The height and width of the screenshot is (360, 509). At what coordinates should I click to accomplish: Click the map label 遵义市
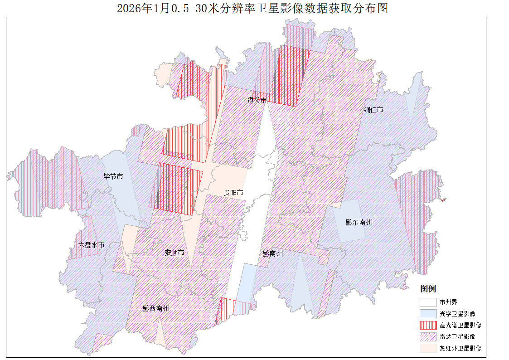[257, 100]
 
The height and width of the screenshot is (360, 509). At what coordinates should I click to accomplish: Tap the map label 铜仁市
[373, 110]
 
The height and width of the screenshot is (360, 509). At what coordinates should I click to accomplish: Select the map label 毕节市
[113, 176]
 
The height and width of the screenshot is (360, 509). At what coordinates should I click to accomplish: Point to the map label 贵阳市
[233, 193]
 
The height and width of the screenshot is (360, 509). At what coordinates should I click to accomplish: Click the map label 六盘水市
[91, 245]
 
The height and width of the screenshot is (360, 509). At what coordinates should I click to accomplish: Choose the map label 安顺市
[174, 253]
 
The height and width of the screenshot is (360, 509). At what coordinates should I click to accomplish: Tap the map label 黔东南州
[359, 222]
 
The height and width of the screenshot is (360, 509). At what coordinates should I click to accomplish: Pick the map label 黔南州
[273, 253]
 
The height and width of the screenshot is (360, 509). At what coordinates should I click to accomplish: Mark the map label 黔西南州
[156, 308]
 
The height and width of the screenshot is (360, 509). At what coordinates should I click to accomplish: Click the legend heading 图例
[428, 289]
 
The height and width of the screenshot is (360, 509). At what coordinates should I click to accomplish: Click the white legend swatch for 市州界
[428, 302]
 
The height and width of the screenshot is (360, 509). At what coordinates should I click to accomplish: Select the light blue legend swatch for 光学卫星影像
[428, 313]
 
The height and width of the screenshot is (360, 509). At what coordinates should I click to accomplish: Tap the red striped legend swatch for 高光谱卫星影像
[428, 325]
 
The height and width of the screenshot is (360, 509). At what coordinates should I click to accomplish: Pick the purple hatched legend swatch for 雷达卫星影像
[428, 336]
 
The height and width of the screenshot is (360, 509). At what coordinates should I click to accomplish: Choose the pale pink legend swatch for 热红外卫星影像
[428, 348]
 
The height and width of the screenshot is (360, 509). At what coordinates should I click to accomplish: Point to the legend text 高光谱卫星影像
[460, 325]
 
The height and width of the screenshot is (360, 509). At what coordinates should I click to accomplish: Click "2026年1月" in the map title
[143, 9]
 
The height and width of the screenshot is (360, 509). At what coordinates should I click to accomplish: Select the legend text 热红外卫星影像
[460, 348]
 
